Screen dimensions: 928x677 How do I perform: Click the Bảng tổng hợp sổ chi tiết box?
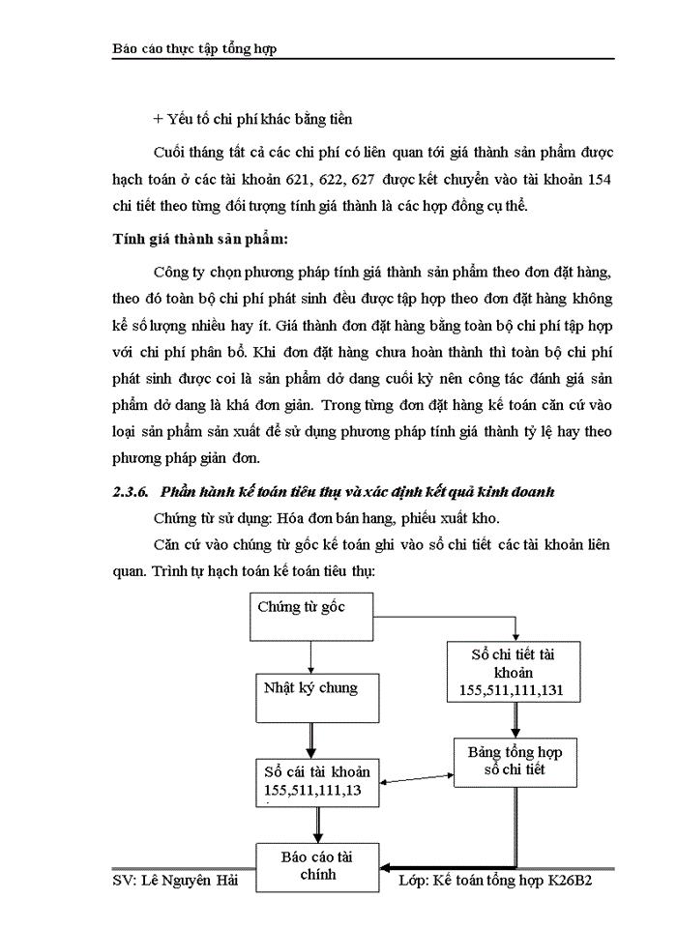(x=513, y=760)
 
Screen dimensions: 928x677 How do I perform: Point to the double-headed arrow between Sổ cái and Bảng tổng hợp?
(x=417, y=776)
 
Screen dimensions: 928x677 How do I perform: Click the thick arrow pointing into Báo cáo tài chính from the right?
(x=445, y=867)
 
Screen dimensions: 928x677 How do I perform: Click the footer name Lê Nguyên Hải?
(x=184, y=882)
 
